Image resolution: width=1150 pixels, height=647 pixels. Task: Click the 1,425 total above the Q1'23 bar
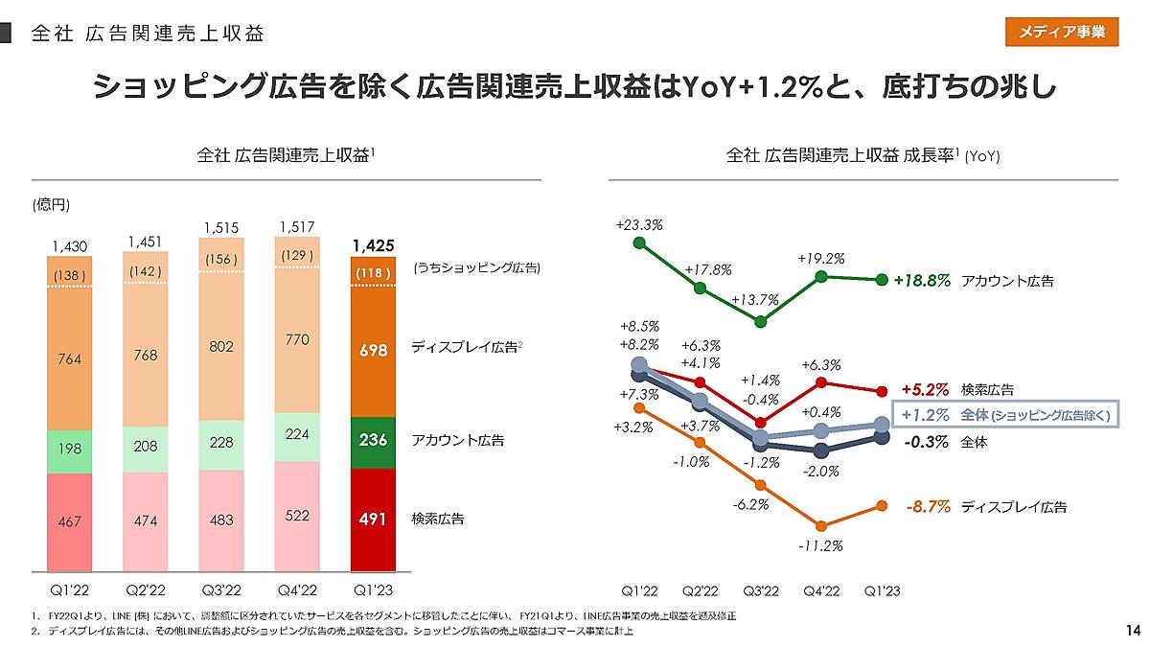(x=374, y=245)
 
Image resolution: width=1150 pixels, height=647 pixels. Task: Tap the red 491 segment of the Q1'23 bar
(x=374, y=520)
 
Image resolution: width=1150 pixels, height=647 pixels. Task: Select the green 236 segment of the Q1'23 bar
(x=374, y=442)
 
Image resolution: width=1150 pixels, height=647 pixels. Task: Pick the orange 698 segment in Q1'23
(x=374, y=351)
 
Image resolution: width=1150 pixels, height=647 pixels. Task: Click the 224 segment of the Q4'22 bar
(x=298, y=433)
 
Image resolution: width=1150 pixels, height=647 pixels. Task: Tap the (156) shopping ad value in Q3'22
(x=221, y=259)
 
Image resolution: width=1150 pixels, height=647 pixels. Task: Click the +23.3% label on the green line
(x=639, y=224)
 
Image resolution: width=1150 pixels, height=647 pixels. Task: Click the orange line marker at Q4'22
(x=821, y=525)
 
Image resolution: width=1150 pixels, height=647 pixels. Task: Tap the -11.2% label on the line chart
(x=821, y=546)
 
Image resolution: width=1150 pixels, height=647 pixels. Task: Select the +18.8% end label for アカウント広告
(x=922, y=281)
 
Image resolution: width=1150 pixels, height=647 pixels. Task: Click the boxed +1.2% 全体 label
(x=1005, y=415)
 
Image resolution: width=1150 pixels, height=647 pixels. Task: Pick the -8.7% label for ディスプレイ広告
(x=928, y=506)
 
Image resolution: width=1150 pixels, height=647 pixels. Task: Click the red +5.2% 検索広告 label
(x=925, y=390)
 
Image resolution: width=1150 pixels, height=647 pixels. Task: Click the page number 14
(x=1133, y=630)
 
